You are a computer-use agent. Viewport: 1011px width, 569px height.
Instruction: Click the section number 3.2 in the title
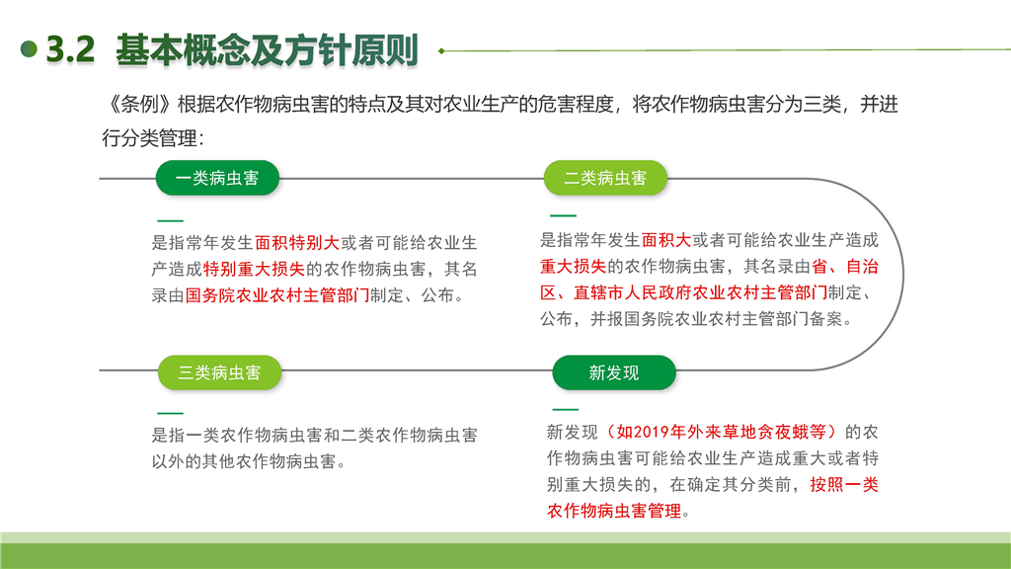pos(70,49)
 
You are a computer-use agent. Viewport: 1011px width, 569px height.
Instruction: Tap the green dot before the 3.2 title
pos(29,49)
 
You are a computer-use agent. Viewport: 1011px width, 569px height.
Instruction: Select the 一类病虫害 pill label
pos(217,178)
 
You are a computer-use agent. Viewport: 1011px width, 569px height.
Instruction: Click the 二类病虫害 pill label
pos(605,178)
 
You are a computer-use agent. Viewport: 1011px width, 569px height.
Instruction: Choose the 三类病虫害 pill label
pos(219,372)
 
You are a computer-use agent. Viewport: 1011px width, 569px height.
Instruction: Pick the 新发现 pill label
pos(614,372)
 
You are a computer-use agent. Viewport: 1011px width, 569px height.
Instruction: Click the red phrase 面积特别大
pos(297,243)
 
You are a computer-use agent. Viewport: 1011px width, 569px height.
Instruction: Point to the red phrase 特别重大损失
pos(254,270)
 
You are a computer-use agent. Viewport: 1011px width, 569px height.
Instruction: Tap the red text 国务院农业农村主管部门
pos(277,296)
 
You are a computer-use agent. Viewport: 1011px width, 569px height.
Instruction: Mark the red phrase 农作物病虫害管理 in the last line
pos(614,512)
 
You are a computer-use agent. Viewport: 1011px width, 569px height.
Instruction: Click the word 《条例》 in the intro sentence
pos(138,105)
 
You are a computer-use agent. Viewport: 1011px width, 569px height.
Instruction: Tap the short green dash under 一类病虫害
pos(170,220)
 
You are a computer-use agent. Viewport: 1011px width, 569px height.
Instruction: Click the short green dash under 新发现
pos(566,409)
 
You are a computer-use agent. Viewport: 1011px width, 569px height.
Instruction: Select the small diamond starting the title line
pos(441,50)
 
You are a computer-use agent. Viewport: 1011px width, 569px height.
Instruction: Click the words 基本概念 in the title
pos(183,49)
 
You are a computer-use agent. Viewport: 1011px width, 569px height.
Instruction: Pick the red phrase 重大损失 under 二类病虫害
pos(574,267)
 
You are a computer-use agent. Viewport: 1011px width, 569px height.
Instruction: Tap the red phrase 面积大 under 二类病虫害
pos(666,241)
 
